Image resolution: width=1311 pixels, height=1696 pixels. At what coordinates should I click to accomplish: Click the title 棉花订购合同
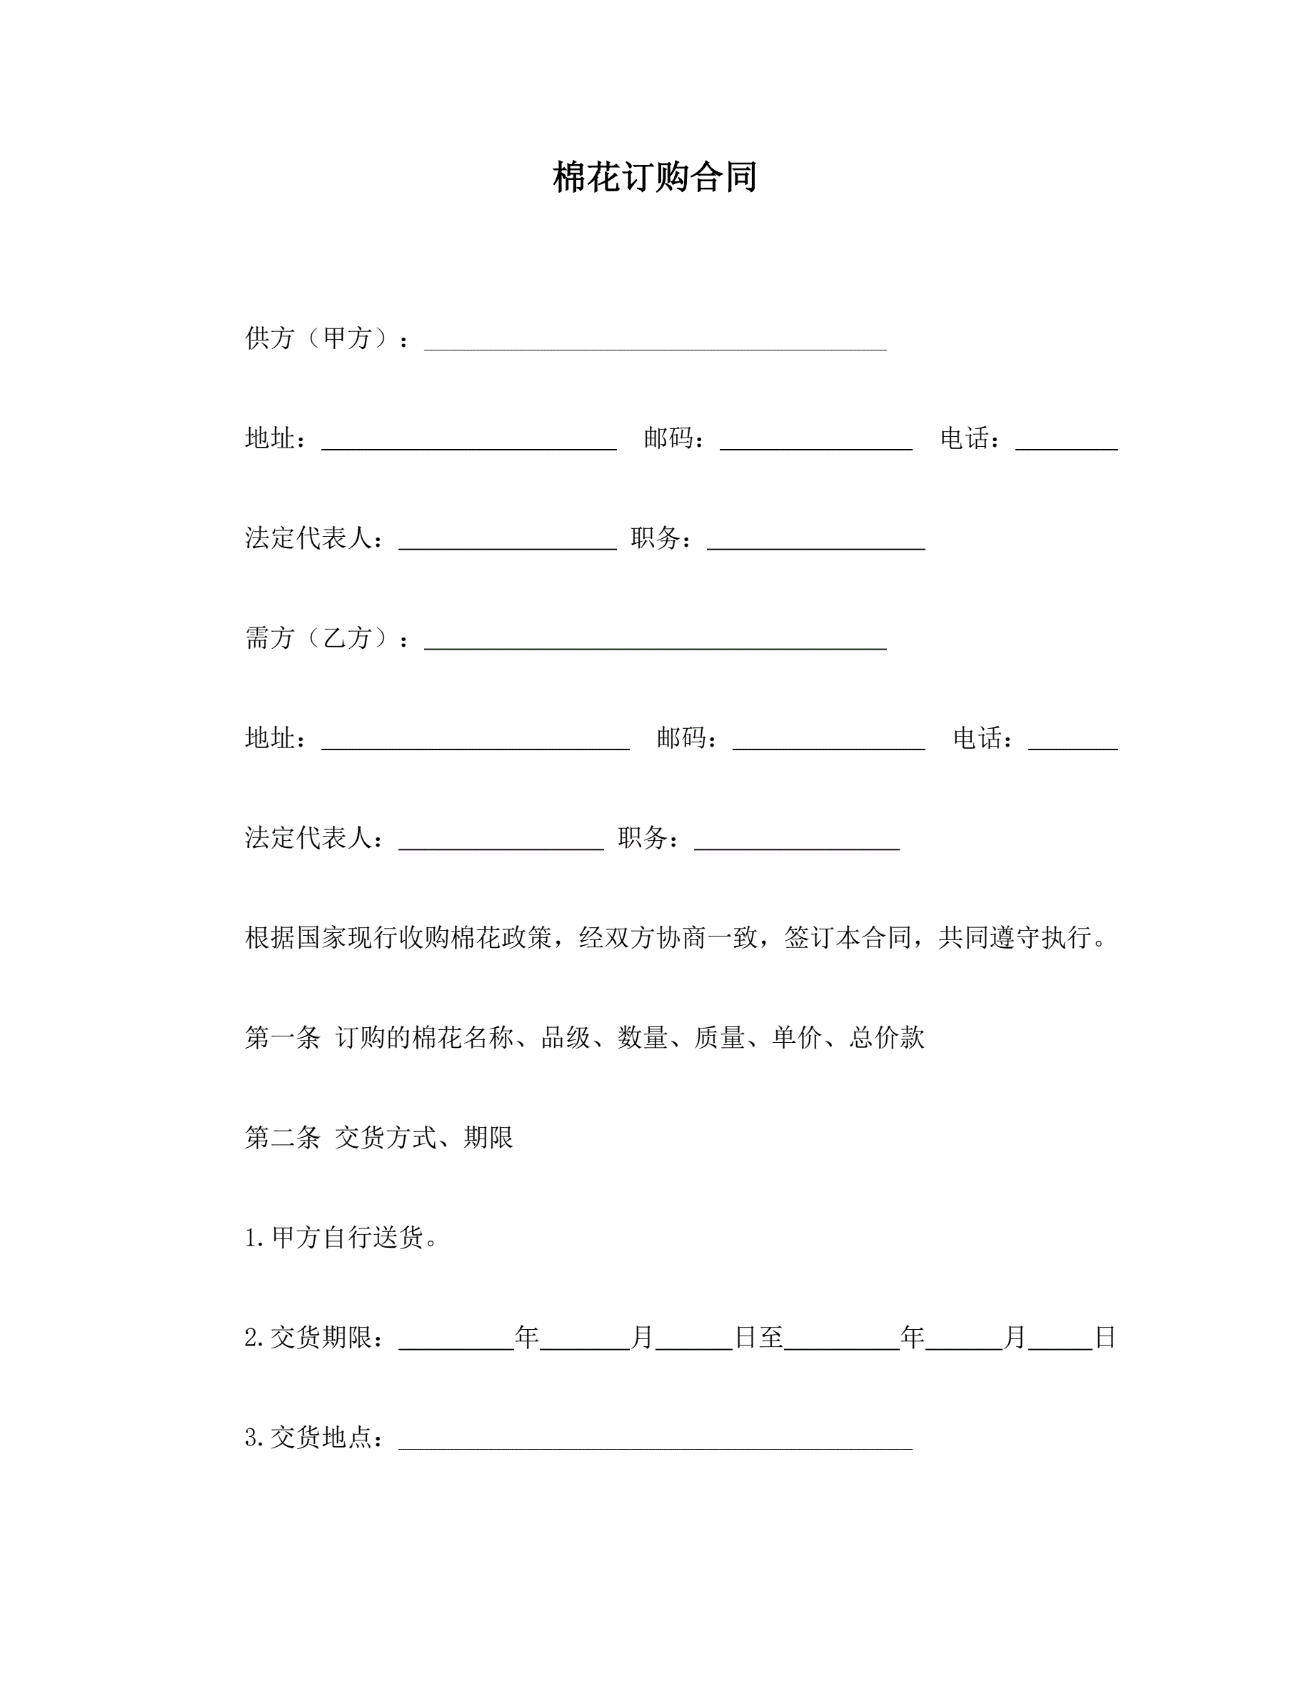pos(655,177)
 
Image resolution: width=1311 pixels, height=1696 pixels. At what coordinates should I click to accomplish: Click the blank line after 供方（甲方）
pos(655,342)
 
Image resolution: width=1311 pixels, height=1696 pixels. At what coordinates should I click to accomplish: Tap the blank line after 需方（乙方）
pos(655,642)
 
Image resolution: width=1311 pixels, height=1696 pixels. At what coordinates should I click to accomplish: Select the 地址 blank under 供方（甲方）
pos(468,441)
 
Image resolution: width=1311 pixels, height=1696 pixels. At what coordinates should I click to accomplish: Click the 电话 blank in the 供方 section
pos(1066,441)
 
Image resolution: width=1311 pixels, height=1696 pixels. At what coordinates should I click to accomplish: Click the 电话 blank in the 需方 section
pos(1073,741)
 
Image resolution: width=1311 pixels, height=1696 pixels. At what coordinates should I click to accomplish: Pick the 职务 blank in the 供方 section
pos(815,541)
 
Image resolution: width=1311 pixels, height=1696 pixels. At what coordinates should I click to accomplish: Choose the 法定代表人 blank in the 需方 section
pos(501,841)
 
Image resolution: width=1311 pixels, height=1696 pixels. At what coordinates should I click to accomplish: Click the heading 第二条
pos(282,1139)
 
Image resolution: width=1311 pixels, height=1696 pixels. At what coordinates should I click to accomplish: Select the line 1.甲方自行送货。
pos(343,1238)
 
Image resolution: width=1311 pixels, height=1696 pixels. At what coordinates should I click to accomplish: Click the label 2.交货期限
pos(313,1338)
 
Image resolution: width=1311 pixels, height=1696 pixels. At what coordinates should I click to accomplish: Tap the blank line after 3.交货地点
pos(655,1440)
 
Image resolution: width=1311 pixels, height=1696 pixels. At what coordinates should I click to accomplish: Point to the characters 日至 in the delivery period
pos(759,1338)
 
